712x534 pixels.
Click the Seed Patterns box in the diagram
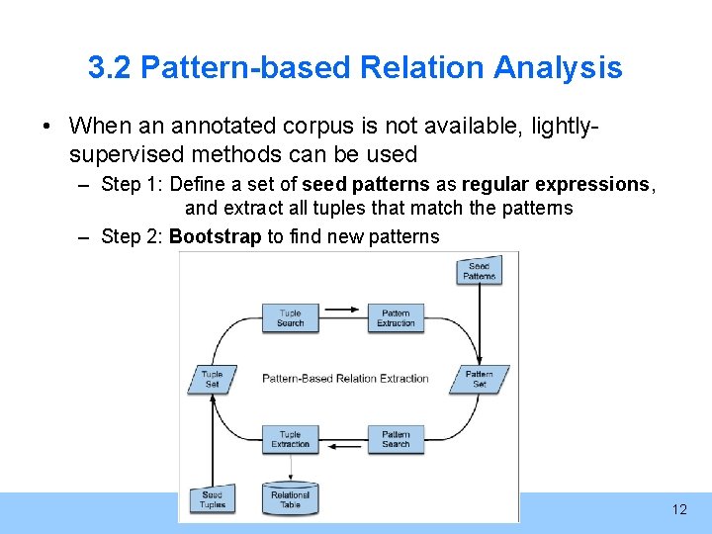[480, 271]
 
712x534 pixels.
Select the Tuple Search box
[291, 317]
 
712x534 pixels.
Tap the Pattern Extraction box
[396, 317]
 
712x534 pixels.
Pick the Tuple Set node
[213, 379]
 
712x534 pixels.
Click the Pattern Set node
[480, 379]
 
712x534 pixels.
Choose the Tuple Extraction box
[291, 439]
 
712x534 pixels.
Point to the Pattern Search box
[396, 439]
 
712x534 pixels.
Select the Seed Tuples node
[213, 499]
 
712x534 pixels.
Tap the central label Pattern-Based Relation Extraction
[345, 379]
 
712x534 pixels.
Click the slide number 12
[678, 509]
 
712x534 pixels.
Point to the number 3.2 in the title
[111, 67]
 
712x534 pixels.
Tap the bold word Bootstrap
[216, 236]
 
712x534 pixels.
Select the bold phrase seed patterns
[366, 184]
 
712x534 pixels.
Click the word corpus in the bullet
[308, 127]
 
